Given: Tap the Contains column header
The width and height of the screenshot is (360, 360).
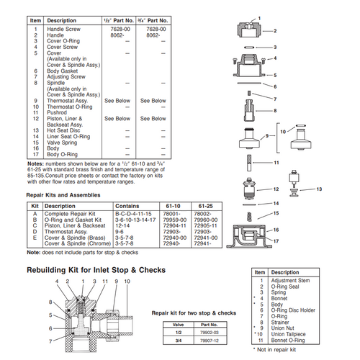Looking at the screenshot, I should (x=130, y=206).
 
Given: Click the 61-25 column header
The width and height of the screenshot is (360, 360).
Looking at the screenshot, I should (x=204, y=206).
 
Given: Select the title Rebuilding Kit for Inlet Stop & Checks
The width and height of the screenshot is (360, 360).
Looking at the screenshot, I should (x=96, y=270).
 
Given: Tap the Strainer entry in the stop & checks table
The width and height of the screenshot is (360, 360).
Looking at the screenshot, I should (x=283, y=323).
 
